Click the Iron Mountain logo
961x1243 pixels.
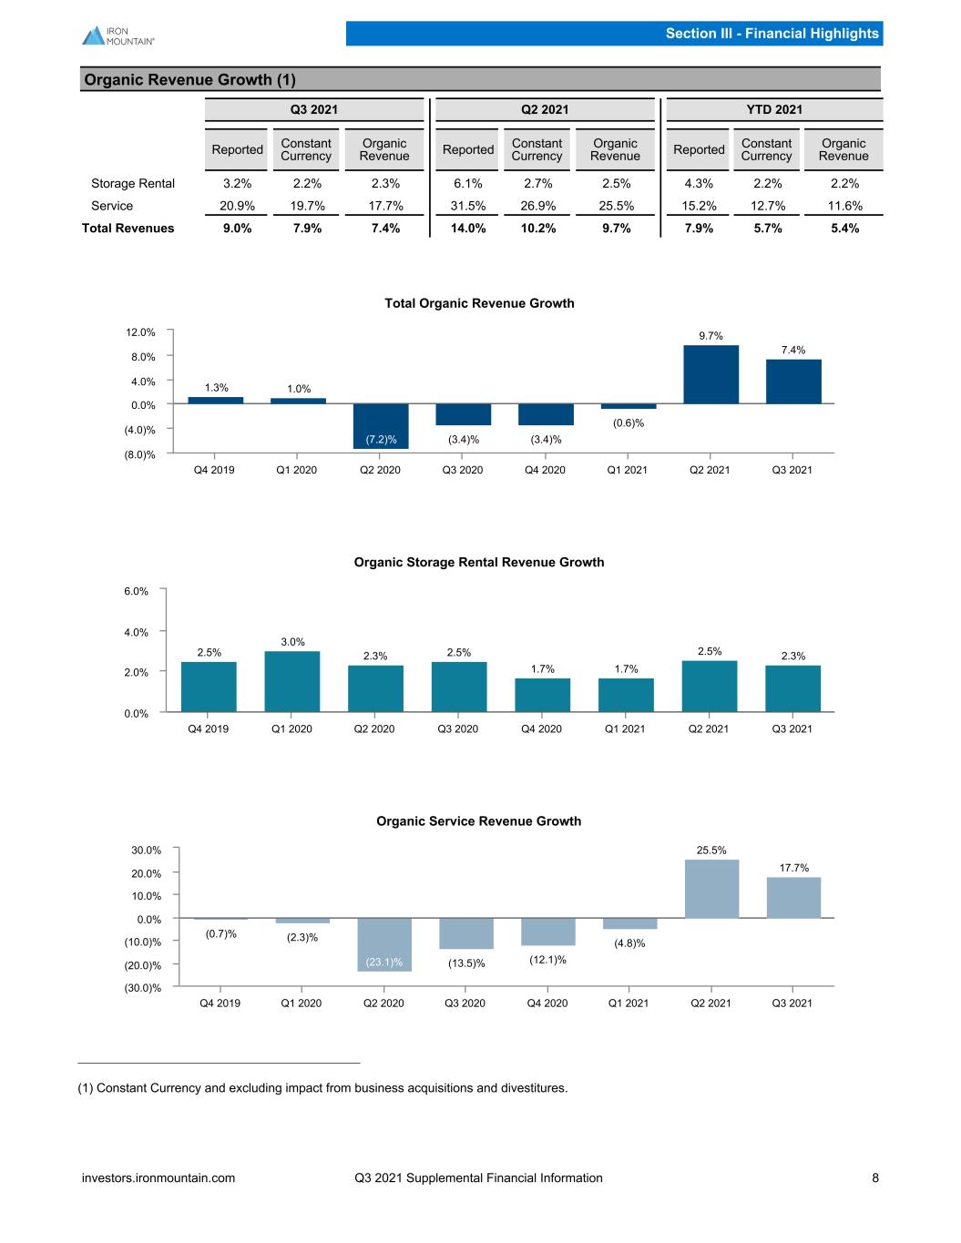(x=118, y=36)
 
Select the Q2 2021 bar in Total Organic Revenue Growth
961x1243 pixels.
(x=711, y=374)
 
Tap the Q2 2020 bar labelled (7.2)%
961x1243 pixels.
(x=381, y=427)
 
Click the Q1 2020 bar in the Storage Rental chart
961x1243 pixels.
(x=291, y=681)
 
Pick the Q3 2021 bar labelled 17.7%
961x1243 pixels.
(x=793, y=898)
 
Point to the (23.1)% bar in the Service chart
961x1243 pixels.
(x=384, y=944)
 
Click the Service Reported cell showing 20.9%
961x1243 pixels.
(x=237, y=206)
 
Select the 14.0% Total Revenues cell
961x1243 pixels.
(x=468, y=229)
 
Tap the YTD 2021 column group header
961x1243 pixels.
(x=774, y=110)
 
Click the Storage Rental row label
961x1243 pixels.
(x=133, y=184)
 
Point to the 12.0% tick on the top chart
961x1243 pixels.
(x=140, y=332)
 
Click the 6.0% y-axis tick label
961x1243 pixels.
(x=136, y=592)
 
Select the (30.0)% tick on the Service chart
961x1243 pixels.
(x=142, y=988)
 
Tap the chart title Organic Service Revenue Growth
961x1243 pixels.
(x=479, y=821)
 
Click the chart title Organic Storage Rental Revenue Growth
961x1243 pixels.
(x=479, y=562)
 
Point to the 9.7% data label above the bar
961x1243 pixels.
(x=711, y=336)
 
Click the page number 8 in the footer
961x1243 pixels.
(x=875, y=1177)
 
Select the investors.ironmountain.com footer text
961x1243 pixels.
(x=158, y=1177)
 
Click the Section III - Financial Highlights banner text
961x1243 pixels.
(x=772, y=33)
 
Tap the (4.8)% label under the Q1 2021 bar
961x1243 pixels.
(x=629, y=943)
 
